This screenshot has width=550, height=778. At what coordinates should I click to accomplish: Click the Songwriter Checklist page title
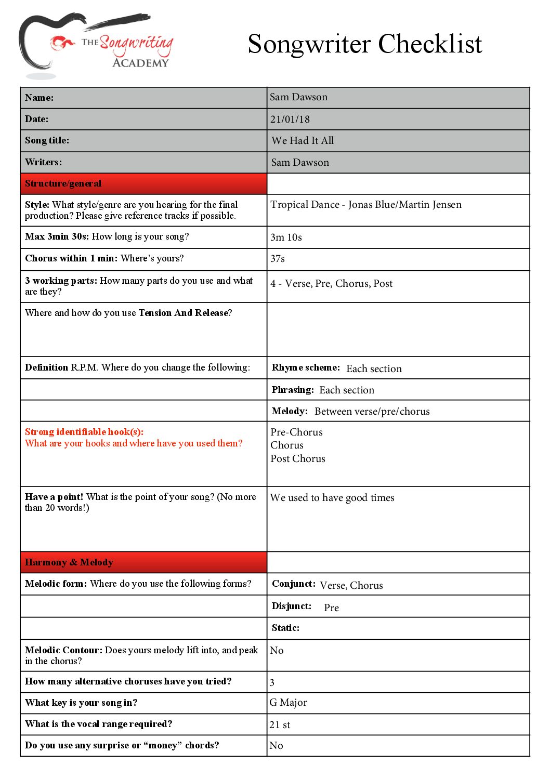click(x=364, y=44)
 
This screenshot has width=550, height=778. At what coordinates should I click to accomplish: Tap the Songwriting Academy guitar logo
click(x=96, y=45)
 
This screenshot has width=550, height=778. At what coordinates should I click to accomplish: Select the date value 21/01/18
click(x=290, y=120)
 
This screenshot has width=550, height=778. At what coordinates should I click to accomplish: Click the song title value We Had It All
click(x=303, y=141)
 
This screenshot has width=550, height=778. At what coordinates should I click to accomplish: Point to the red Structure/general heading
click(x=63, y=183)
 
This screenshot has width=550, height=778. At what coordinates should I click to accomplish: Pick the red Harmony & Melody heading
click(x=69, y=562)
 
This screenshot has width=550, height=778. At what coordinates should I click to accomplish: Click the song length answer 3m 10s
click(x=286, y=238)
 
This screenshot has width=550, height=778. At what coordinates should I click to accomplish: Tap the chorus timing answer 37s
click(x=278, y=259)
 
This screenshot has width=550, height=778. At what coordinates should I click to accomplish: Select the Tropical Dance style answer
click(x=366, y=205)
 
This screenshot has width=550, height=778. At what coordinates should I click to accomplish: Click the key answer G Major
click(x=289, y=703)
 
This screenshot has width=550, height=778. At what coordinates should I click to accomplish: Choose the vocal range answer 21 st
click(x=280, y=724)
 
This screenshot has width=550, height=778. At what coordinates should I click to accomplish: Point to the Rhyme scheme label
click(x=306, y=367)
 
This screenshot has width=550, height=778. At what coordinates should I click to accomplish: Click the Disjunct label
click(x=292, y=606)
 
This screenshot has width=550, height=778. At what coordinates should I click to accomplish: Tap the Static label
click(x=285, y=628)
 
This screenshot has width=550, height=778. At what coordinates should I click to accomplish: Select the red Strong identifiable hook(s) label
click(x=84, y=432)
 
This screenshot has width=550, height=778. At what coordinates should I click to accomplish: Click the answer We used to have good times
click(x=332, y=498)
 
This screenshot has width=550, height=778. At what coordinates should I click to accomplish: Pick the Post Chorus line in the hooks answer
click(x=298, y=459)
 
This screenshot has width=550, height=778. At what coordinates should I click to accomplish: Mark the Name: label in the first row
click(x=39, y=98)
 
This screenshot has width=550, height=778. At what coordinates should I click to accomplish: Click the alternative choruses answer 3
click(x=272, y=682)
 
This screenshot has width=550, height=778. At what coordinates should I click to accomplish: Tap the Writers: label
click(x=43, y=162)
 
